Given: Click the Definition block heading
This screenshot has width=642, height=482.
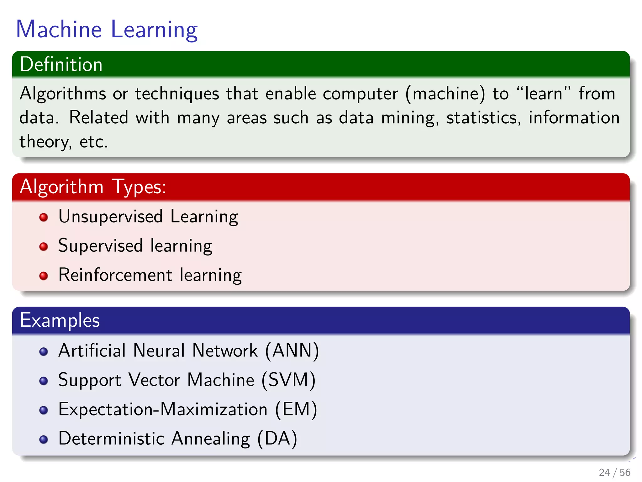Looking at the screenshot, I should (x=61, y=64).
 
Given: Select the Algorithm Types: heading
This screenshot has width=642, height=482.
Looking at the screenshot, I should (x=93, y=187).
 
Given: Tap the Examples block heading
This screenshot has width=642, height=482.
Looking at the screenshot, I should (x=60, y=320).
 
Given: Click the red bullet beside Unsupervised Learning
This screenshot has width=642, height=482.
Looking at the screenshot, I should (x=44, y=217).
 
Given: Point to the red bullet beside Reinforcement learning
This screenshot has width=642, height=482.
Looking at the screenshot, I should (x=44, y=276).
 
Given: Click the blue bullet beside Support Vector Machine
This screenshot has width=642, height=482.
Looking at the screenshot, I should (x=44, y=381).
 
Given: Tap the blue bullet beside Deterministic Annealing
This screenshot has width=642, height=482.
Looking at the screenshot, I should (x=44, y=439).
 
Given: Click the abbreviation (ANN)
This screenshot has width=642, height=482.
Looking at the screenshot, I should (x=292, y=351).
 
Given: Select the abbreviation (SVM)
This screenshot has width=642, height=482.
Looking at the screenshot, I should (x=288, y=380).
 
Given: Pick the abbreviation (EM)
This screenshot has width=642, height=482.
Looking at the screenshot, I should (x=296, y=409).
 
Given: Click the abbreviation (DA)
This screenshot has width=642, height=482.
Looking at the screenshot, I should (x=277, y=439).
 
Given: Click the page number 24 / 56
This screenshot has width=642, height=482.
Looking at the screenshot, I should (x=614, y=472).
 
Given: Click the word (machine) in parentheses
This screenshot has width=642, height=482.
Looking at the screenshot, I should (x=445, y=94).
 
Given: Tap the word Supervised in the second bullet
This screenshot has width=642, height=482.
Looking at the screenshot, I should (x=100, y=246).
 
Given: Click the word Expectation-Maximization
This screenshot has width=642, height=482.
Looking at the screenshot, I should (x=163, y=410).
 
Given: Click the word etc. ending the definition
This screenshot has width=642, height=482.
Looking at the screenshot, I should (x=93, y=142).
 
